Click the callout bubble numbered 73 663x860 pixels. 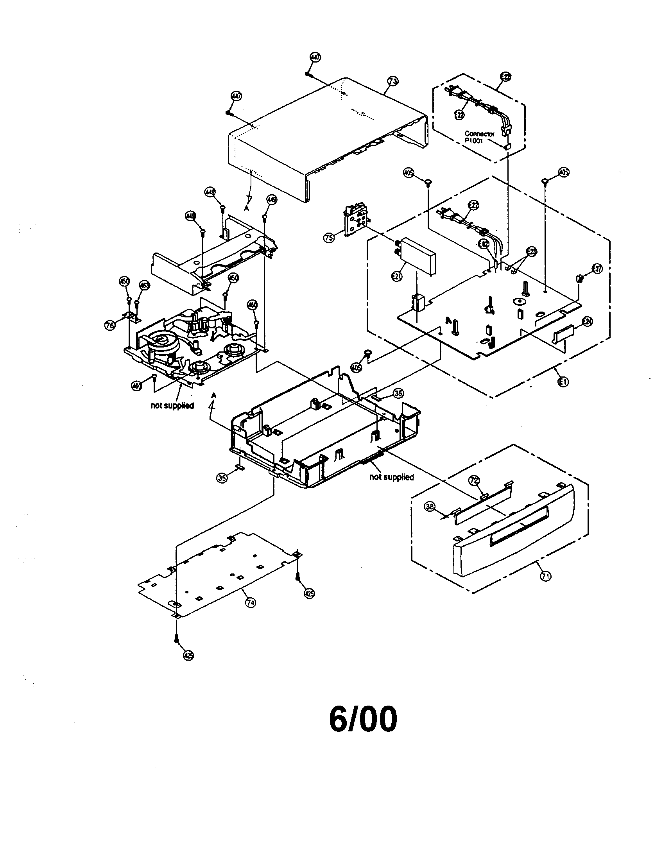coord(392,81)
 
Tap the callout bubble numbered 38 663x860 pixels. coord(430,507)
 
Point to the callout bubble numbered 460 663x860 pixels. coord(253,305)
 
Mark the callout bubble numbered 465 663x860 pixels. coord(136,386)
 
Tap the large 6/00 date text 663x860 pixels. coord(363,718)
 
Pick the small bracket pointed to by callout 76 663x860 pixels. coord(131,316)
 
